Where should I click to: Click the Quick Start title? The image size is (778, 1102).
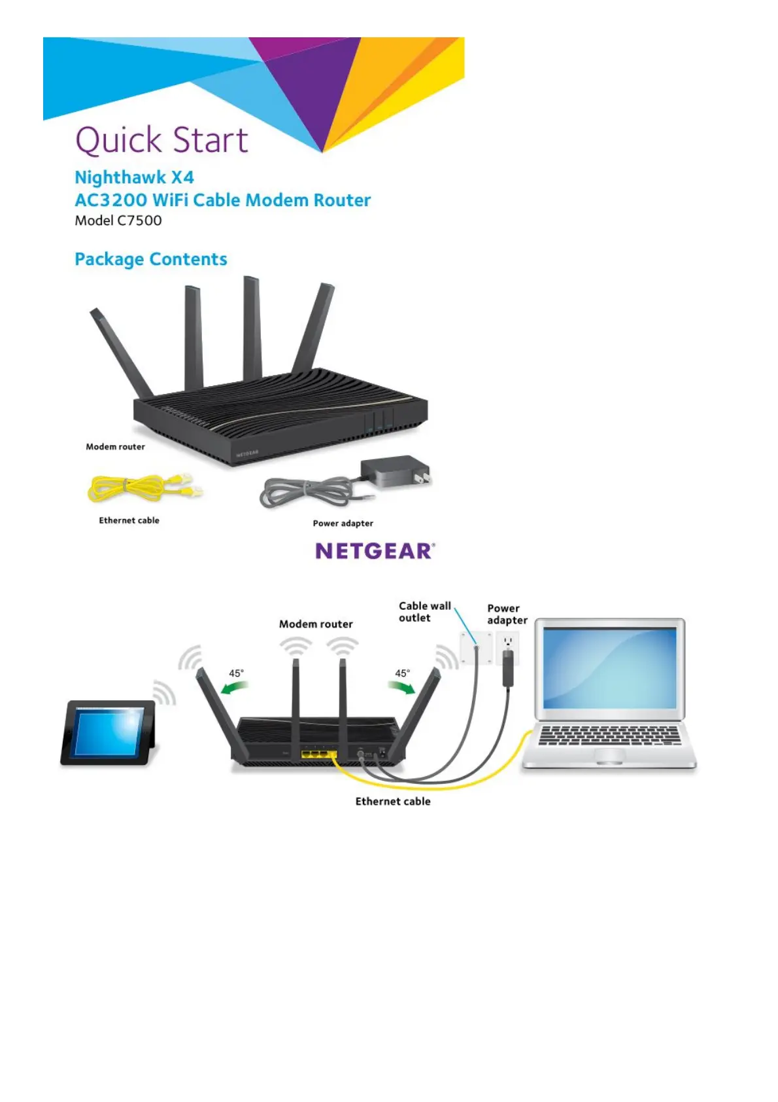(161, 140)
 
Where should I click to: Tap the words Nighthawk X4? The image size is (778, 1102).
(134, 177)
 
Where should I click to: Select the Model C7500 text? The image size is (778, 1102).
(118, 221)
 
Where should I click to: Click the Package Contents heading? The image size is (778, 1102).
(151, 259)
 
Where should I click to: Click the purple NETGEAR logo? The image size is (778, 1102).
(375, 551)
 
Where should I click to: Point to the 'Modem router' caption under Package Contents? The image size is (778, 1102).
(115, 447)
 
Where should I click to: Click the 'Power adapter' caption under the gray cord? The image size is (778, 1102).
(343, 524)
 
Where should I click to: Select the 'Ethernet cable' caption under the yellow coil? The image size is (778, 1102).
(129, 520)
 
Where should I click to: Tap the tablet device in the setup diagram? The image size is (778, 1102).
(109, 731)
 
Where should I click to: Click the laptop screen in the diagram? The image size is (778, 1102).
(609, 667)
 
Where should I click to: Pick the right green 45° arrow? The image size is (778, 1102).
(401, 687)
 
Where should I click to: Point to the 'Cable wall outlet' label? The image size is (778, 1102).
(424, 612)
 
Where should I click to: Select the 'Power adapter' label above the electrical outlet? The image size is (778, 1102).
(507, 614)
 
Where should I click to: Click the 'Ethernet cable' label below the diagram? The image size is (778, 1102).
(392, 802)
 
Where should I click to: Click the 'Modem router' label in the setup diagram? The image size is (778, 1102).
(316, 624)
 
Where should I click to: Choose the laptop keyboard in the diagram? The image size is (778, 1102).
(609, 735)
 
